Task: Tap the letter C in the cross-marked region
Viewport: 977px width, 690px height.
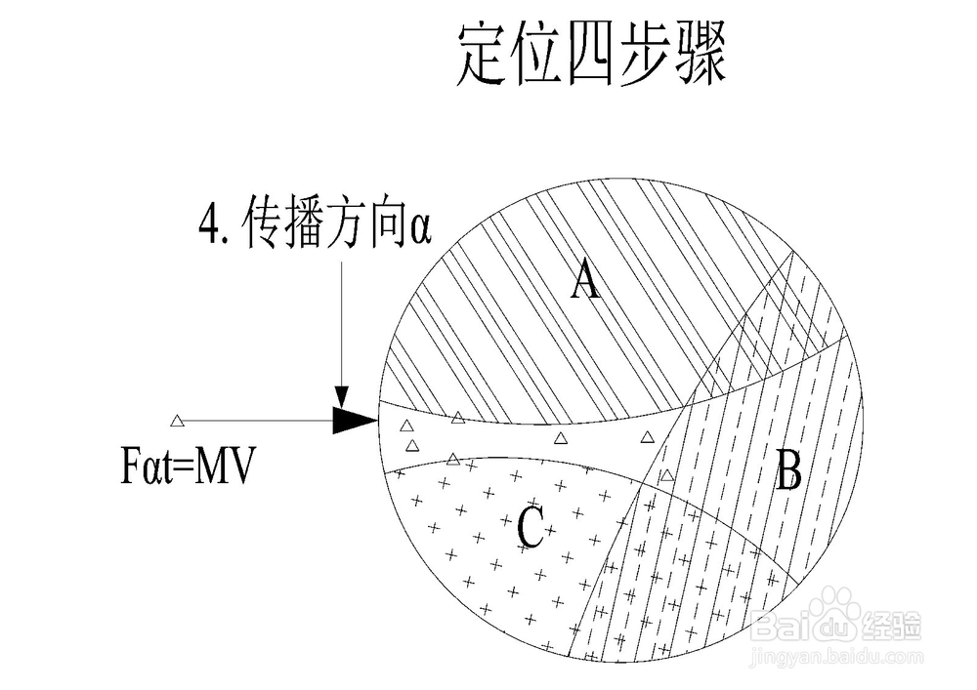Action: pyautogui.click(x=530, y=528)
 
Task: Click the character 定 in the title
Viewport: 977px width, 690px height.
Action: pyautogui.click(x=487, y=56)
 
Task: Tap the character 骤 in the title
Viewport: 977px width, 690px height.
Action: pyautogui.click(x=700, y=56)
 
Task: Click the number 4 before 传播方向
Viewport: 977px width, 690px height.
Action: pyautogui.click(x=207, y=230)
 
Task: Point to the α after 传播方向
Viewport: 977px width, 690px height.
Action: pyautogui.click(x=420, y=231)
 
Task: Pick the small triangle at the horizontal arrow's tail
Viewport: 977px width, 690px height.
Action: pyautogui.click(x=177, y=421)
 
